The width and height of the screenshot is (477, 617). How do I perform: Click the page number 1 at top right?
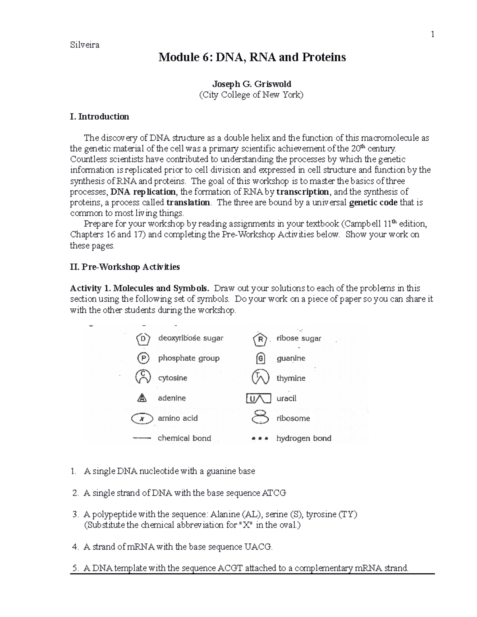coord(432,35)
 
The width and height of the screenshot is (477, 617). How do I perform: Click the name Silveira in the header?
coord(85,45)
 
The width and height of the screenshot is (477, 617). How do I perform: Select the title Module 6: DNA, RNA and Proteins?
coord(252,58)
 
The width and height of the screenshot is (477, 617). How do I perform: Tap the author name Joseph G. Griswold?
coord(252,84)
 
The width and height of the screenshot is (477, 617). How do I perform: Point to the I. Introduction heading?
coord(99,117)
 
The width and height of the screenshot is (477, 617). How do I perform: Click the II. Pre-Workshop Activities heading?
coord(125,267)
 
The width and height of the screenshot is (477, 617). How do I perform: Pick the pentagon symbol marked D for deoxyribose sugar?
coord(143,339)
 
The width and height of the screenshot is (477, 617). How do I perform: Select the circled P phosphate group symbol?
coord(143,358)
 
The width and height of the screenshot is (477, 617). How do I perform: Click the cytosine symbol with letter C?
coord(143,377)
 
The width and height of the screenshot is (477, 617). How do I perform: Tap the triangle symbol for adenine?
coord(142,398)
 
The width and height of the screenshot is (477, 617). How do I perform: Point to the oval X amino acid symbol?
coord(142,418)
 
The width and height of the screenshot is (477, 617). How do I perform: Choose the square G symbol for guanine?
coord(260,358)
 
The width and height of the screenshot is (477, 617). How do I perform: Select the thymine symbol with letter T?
coord(260,377)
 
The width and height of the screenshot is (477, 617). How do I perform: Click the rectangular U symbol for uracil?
coord(259,398)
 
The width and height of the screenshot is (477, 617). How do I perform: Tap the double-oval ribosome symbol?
coord(260,417)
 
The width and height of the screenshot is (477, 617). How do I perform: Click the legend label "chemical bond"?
coord(184,439)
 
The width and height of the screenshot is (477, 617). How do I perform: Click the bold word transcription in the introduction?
coord(302,192)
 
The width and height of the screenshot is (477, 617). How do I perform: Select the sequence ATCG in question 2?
coord(274,493)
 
